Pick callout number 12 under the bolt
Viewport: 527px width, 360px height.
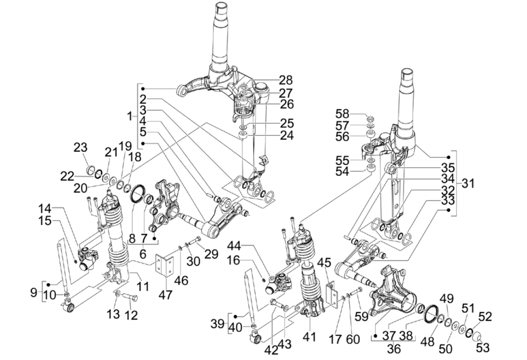tap(131, 315)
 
